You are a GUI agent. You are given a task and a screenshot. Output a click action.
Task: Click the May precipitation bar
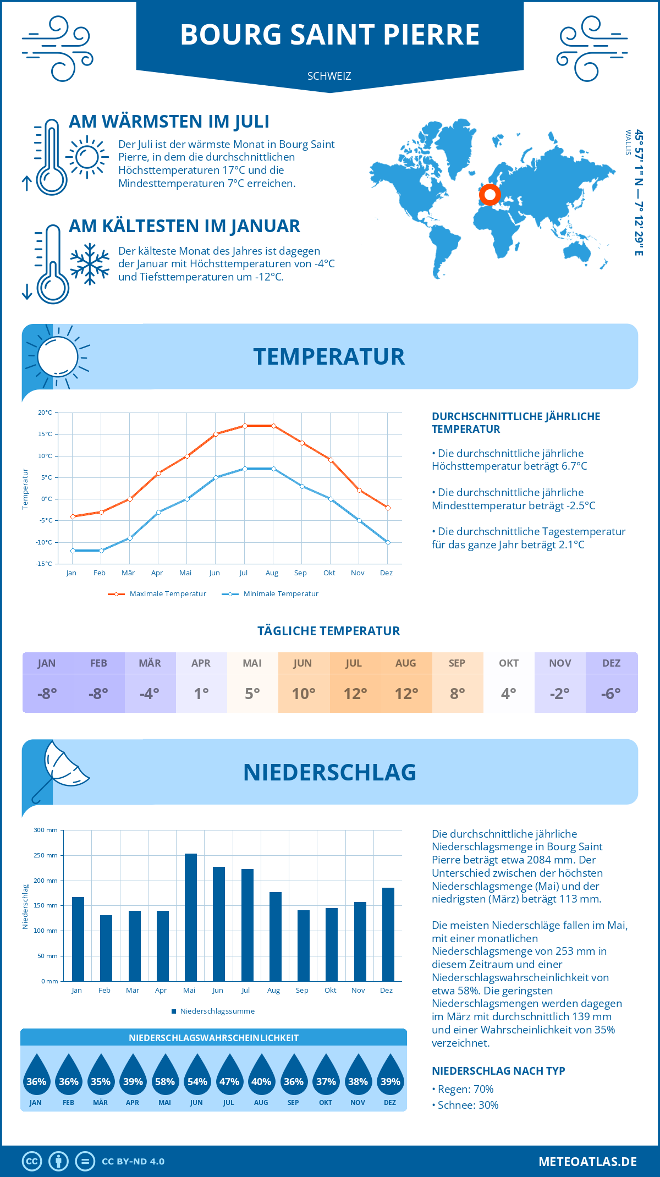click(x=190, y=917)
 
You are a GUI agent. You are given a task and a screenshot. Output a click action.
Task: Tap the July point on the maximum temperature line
click(x=245, y=426)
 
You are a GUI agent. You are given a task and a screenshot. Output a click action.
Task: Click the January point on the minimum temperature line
click(x=73, y=551)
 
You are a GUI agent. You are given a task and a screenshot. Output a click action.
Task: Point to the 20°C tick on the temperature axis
click(x=45, y=413)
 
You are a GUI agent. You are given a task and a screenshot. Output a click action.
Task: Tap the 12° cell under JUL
click(x=355, y=694)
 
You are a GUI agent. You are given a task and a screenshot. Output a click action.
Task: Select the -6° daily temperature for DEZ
click(x=611, y=694)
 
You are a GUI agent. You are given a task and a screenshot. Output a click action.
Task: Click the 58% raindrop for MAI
click(x=165, y=1077)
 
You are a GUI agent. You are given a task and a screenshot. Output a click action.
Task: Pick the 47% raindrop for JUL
click(x=229, y=1077)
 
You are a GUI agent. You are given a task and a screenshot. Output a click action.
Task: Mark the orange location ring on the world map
click(x=490, y=195)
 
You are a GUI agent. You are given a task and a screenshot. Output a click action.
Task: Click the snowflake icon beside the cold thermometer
click(x=90, y=264)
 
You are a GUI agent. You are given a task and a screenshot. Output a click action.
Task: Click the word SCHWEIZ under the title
click(x=329, y=76)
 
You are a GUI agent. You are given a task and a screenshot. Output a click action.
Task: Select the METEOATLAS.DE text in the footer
click(x=587, y=1162)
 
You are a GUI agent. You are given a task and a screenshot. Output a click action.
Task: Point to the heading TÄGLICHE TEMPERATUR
click(x=329, y=631)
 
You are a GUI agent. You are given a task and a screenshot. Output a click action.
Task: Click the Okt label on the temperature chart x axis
click(x=329, y=573)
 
